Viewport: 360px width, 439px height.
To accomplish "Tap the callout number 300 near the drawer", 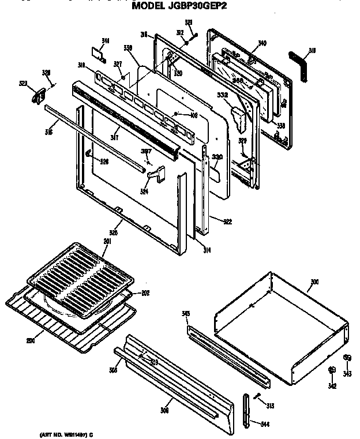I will pyautogui.click(x=314, y=282).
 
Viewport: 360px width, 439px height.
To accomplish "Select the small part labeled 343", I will pyautogui.click(x=347, y=358).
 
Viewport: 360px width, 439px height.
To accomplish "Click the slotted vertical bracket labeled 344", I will pyautogui.click(x=247, y=410).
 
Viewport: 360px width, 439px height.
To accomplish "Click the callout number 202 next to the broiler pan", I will pyautogui.click(x=145, y=292).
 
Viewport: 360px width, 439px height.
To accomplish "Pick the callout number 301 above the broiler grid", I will pyautogui.click(x=106, y=241).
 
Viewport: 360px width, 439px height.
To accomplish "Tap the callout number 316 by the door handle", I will pyautogui.click(x=48, y=132).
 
